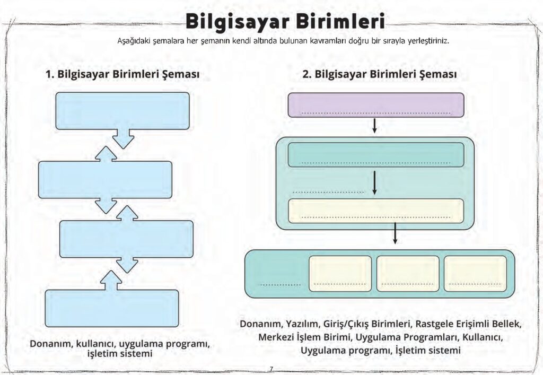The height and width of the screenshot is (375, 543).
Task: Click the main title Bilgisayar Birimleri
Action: (x=285, y=22)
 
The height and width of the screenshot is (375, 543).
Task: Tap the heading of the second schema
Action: (x=379, y=74)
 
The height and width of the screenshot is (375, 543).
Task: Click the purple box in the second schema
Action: (x=375, y=104)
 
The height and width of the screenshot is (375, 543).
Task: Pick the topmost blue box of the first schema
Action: (x=122, y=110)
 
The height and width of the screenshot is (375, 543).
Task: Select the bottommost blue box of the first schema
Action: (x=111, y=308)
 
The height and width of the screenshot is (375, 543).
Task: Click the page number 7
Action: (x=271, y=369)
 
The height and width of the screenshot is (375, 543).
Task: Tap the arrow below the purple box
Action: (x=375, y=126)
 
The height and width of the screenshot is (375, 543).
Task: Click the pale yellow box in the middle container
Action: (x=375, y=211)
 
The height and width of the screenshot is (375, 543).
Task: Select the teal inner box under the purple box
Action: (x=375, y=154)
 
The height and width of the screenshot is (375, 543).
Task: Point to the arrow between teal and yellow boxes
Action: (x=375, y=182)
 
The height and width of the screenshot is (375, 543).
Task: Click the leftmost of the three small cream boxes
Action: (x=340, y=274)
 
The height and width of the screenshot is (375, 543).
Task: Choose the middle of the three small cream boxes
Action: (x=408, y=274)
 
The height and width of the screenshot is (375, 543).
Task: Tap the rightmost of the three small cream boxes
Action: (x=475, y=274)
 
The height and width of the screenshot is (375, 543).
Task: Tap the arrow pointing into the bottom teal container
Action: (x=395, y=234)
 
